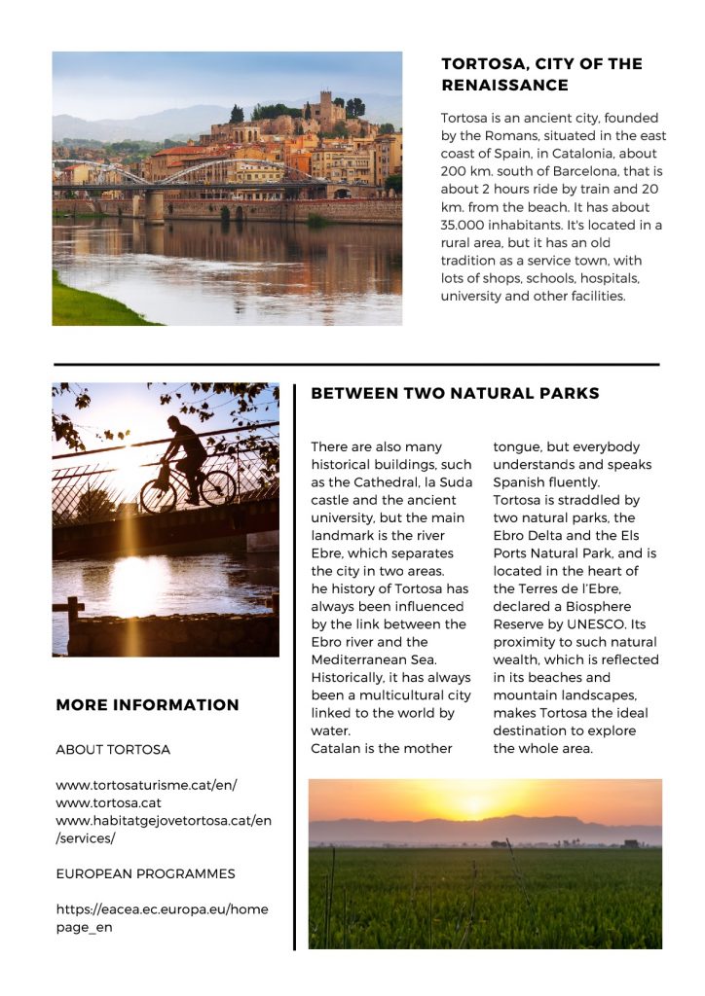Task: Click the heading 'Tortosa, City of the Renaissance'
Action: coord(541,74)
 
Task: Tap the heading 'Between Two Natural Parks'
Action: coord(455,394)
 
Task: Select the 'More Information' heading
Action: coord(147,705)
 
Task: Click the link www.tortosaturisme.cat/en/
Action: coord(146,785)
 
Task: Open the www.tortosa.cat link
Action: coord(108,802)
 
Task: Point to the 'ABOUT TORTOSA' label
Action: coord(113,750)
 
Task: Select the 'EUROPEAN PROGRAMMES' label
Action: coord(145,873)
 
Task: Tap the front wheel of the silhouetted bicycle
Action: coord(217,487)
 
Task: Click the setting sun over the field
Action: coord(474,803)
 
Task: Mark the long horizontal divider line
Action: coord(356,365)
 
